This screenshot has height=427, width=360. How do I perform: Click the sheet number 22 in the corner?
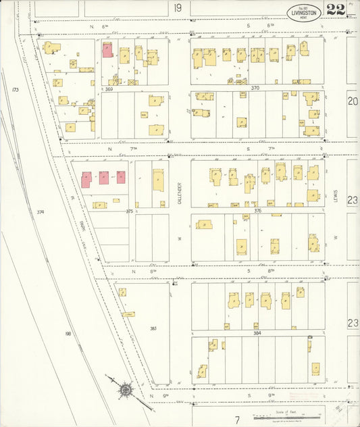pos(336,9)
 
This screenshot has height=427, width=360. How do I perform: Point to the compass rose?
pos(126,390)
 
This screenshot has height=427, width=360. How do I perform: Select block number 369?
pos(108,89)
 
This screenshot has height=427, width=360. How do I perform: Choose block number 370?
pos(255,89)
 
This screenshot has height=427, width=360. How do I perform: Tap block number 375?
pos(129,211)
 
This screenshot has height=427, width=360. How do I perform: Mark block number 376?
pos(257,211)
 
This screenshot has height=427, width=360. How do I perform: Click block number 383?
pos(153,329)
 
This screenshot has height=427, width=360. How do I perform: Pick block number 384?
pos(257,334)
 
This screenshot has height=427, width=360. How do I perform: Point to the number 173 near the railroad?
pos(15,90)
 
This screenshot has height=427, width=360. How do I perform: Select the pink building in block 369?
pos(107,51)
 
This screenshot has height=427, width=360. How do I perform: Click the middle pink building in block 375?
pos(104,178)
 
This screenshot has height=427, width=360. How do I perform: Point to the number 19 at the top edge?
pos(178,8)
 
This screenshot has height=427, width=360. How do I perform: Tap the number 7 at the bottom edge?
pos(237,420)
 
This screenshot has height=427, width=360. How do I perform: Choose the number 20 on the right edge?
pos(353,101)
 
